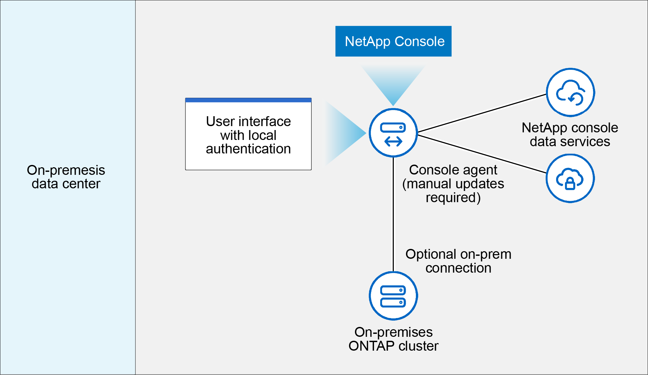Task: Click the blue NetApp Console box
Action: (x=393, y=41)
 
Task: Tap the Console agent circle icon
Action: (x=393, y=133)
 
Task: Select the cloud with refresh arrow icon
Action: (x=570, y=93)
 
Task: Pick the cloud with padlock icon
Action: (x=570, y=178)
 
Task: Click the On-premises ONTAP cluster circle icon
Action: (x=393, y=296)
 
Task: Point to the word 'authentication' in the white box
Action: (x=248, y=149)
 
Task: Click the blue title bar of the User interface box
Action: (x=248, y=100)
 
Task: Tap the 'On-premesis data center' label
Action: (x=66, y=177)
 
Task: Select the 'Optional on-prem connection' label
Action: (x=458, y=261)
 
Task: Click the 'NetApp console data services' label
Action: (x=570, y=135)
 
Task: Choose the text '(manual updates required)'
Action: (x=453, y=191)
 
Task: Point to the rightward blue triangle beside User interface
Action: (x=346, y=133)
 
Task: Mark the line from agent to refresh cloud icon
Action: (x=482, y=113)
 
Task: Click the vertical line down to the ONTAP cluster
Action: (x=393, y=214)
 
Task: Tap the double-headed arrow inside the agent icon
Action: (x=393, y=142)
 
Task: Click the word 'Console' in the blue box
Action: (x=419, y=41)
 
